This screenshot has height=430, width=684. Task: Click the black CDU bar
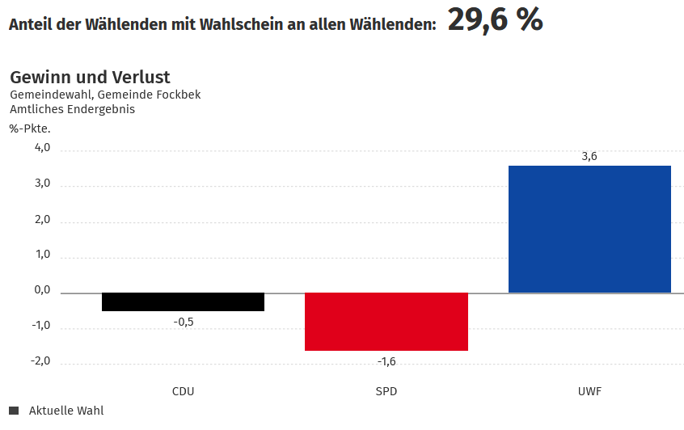pyautogui.click(x=183, y=301)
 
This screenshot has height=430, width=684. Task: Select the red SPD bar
pyautogui.click(x=386, y=321)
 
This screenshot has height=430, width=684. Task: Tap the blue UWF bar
pyautogui.click(x=589, y=229)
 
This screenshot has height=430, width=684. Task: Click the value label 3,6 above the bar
pyautogui.click(x=589, y=156)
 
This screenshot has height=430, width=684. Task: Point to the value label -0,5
pyautogui.click(x=184, y=322)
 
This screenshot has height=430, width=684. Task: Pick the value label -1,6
pyautogui.click(x=386, y=361)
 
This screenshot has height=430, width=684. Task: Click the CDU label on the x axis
pyautogui.click(x=184, y=391)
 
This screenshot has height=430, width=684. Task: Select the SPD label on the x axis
pyautogui.click(x=386, y=391)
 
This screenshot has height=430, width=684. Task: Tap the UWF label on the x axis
pyautogui.click(x=589, y=391)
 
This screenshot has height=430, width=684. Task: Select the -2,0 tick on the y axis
pyautogui.click(x=40, y=361)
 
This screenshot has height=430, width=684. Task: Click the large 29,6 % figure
pyautogui.click(x=495, y=20)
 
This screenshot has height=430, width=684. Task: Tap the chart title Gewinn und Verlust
pyautogui.click(x=90, y=78)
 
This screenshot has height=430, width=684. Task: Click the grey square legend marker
pyautogui.click(x=14, y=411)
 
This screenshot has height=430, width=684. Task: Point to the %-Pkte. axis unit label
pyautogui.click(x=30, y=128)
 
